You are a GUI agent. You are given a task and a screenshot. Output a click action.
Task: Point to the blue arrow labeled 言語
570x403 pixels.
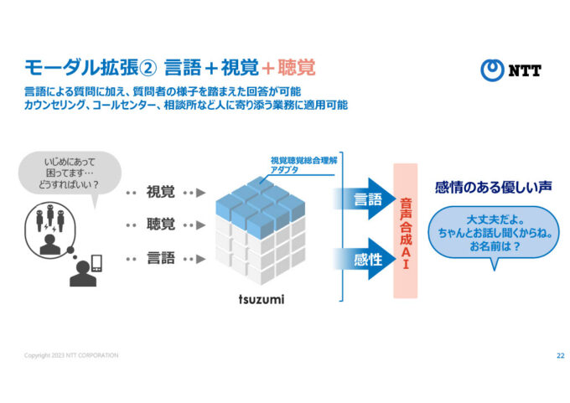click(x=362, y=199)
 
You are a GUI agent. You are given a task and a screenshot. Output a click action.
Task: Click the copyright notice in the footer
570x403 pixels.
click(x=71, y=355)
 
